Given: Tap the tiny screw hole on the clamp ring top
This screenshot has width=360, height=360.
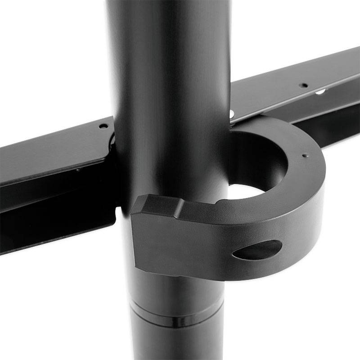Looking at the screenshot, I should pos(306,156).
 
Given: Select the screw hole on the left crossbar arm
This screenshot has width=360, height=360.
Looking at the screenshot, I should pos(103,126).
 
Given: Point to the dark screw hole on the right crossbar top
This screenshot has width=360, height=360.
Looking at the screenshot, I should pos(305,85).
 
